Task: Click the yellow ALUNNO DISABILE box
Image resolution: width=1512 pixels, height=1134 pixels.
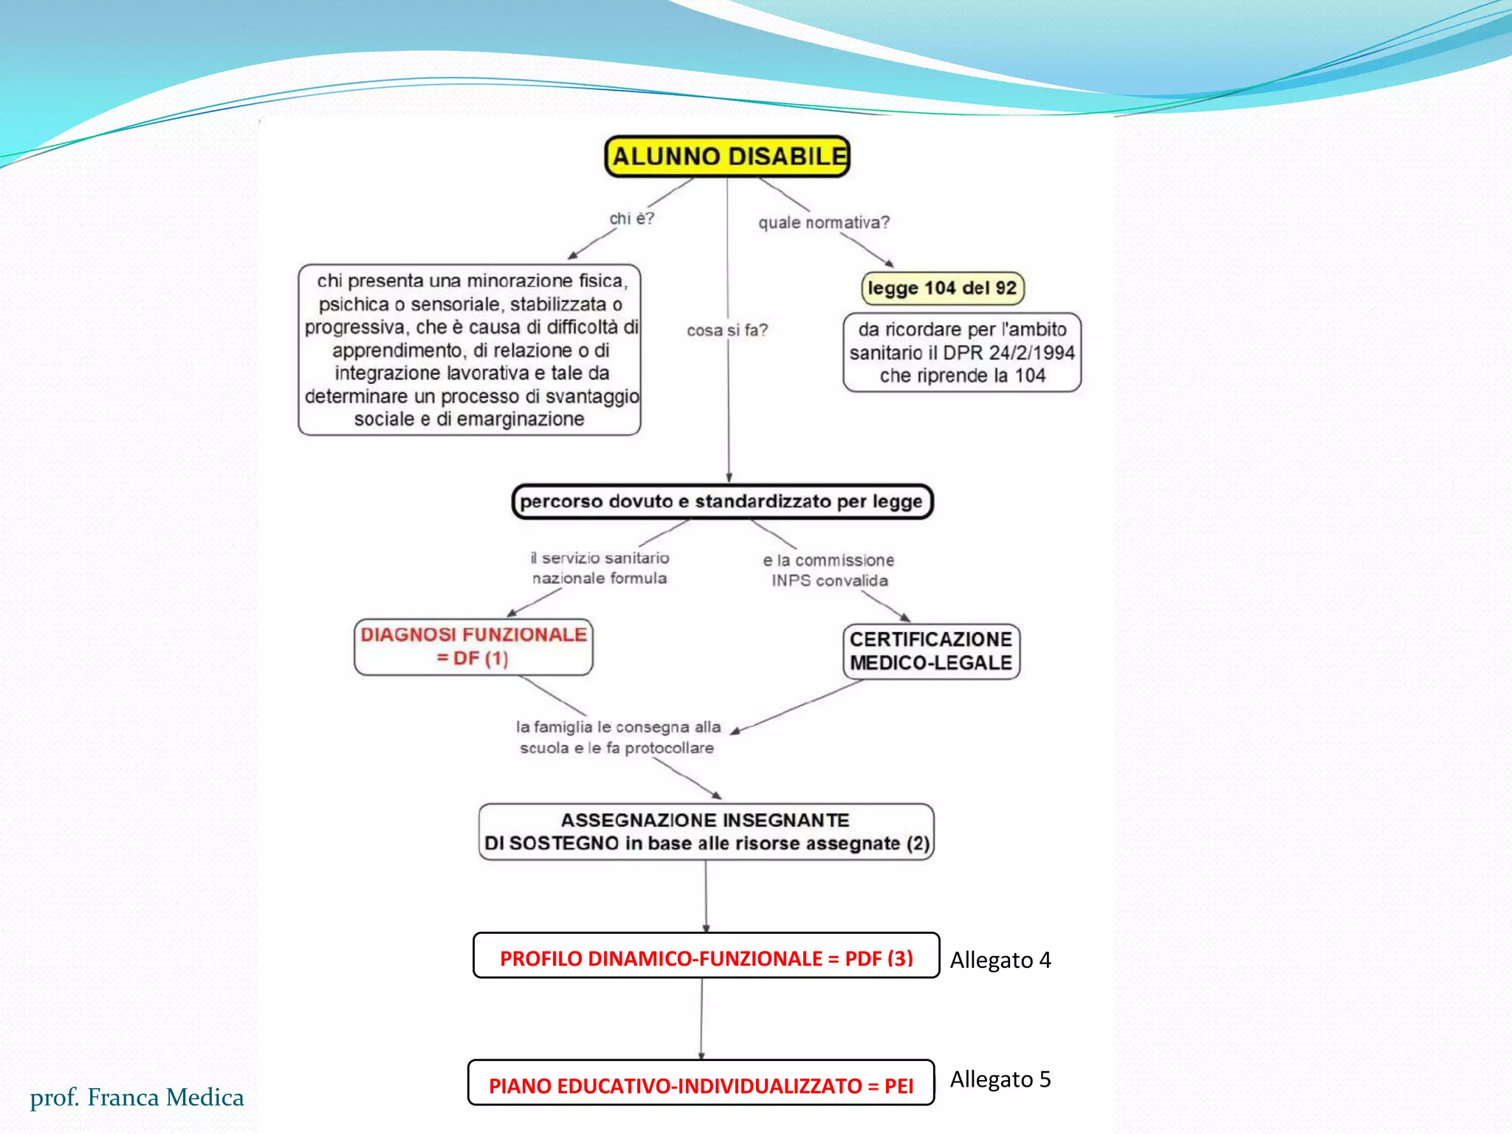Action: pyautogui.click(x=727, y=157)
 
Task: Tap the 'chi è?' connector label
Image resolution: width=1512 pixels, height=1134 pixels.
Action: pyautogui.click(x=631, y=219)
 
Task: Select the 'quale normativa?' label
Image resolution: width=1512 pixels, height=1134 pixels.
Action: pyautogui.click(x=824, y=222)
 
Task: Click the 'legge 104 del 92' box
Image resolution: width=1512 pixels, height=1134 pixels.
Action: pyautogui.click(x=942, y=288)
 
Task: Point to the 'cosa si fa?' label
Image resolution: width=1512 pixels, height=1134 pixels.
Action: pyautogui.click(x=727, y=330)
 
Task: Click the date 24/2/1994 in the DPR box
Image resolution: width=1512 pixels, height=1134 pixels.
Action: pyautogui.click(x=1031, y=353)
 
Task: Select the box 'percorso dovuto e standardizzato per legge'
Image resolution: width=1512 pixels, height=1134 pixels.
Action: pyautogui.click(x=722, y=501)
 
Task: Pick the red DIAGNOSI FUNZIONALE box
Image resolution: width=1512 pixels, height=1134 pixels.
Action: pyautogui.click(x=473, y=646)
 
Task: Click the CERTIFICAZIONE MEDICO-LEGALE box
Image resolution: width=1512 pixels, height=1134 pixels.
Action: pyautogui.click(x=931, y=651)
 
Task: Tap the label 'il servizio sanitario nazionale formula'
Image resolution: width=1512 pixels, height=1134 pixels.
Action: pyautogui.click(x=599, y=568)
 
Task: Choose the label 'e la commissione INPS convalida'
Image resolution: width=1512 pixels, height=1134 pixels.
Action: pyautogui.click(x=829, y=570)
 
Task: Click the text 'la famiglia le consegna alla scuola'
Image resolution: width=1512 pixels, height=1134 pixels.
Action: pyautogui.click(x=618, y=737)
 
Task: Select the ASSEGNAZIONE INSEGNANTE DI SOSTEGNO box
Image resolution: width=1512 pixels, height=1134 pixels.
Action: pyautogui.click(x=706, y=831)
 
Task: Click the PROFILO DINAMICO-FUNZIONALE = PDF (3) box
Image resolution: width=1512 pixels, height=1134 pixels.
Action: pyautogui.click(x=706, y=958)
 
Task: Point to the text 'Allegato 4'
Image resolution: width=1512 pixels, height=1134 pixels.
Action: pyautogui.click(x=1000, y=960)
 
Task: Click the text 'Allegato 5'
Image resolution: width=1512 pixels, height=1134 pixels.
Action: pyautogui.click(x=1000, y=1079)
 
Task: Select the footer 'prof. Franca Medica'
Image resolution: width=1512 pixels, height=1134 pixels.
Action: pyautogui.click(x=137, y=1097)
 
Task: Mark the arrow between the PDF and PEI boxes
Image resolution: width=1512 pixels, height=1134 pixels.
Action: pyautogui.click(x=701, y=1019)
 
